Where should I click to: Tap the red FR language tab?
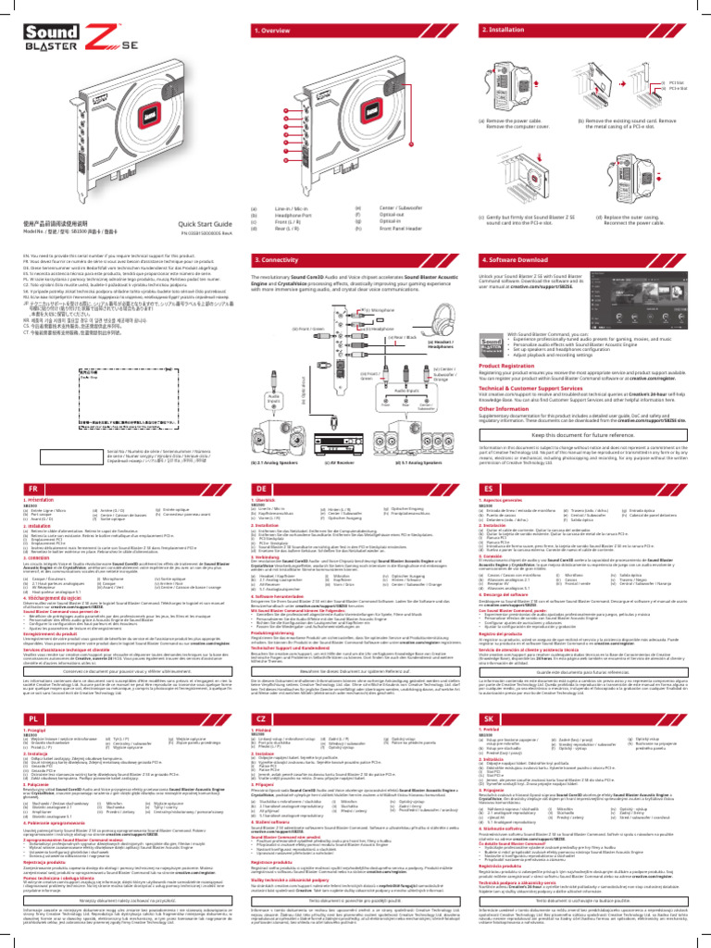coord(36,488)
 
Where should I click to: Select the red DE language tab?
coord(272,488)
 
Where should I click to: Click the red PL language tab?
coord(36,717)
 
